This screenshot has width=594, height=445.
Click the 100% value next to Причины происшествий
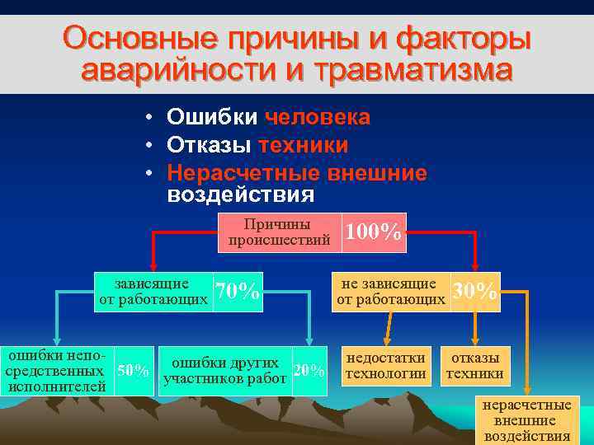click(374, 233)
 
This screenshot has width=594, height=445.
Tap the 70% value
click(238, 292)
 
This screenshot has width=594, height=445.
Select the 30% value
click(475, 292)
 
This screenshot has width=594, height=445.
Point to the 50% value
click(134, 371)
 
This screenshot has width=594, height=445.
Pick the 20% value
click(309, 371)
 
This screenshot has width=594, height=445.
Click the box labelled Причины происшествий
click(279, 233)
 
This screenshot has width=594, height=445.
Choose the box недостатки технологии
click(386, 366)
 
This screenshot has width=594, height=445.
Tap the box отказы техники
click(475, 366)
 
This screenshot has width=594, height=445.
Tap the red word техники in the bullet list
click(303, 145)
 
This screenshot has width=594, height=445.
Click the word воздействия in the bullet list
click(240, 194)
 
